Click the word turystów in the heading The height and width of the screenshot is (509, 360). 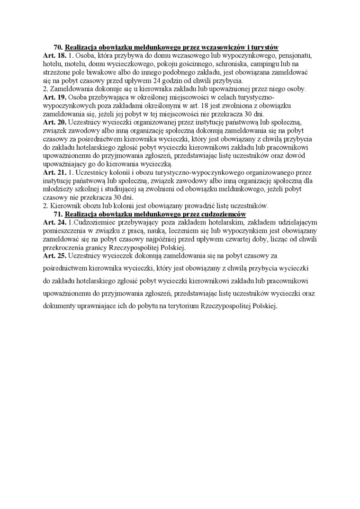[x=264, y=47]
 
